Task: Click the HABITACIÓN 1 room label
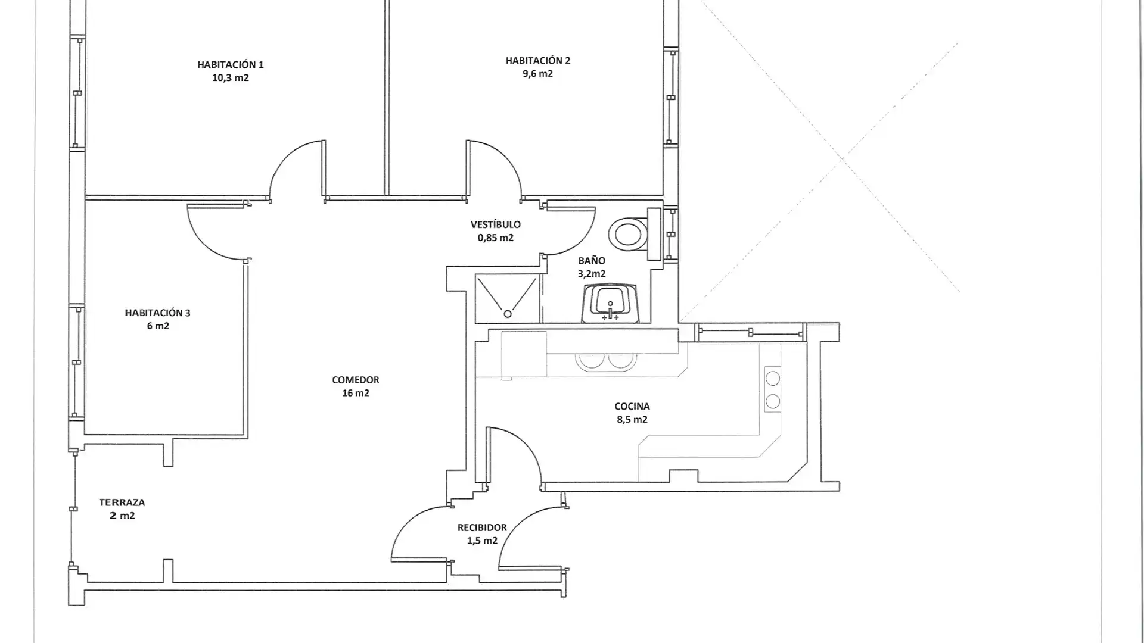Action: [231, 64]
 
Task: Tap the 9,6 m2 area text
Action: [537, 74]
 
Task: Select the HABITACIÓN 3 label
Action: [157, 313]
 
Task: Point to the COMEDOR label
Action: [356, 380]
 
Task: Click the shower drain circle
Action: [508, 314]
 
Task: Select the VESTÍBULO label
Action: [496, 224]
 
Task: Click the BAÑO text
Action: [592, 261]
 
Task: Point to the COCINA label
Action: [632, 407]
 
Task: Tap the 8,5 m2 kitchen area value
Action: [632, 420]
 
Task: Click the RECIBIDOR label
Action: [482, 527]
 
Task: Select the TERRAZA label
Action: [122, 502]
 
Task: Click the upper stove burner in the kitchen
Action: [773, 378]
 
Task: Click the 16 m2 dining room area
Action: [356, 393]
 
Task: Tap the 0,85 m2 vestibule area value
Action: [496, 238]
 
